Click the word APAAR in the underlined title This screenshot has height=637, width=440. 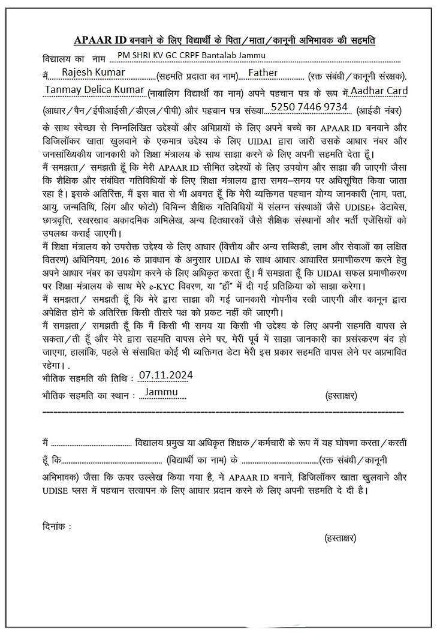(88, 40)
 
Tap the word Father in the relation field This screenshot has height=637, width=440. (263, 73)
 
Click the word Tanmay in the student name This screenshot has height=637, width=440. (62, 91)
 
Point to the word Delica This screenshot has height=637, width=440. (100, 91)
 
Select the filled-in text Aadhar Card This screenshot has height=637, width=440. (379, 91)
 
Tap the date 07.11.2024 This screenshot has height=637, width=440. (165, 375)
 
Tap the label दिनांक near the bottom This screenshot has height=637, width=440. (56, 526)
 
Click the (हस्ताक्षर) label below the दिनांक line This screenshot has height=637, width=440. (340, 538)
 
